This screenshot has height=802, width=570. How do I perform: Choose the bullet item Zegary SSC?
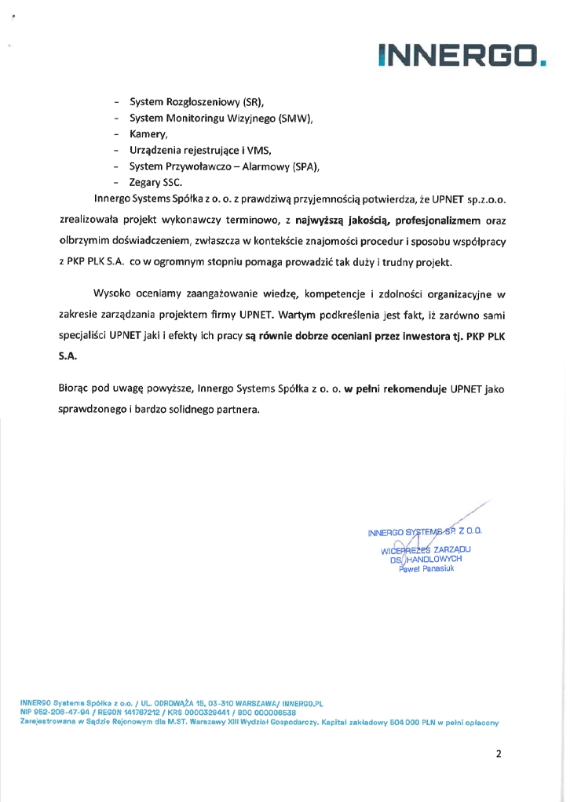click(155, 182)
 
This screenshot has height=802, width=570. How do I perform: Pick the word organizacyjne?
click(461, 293)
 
